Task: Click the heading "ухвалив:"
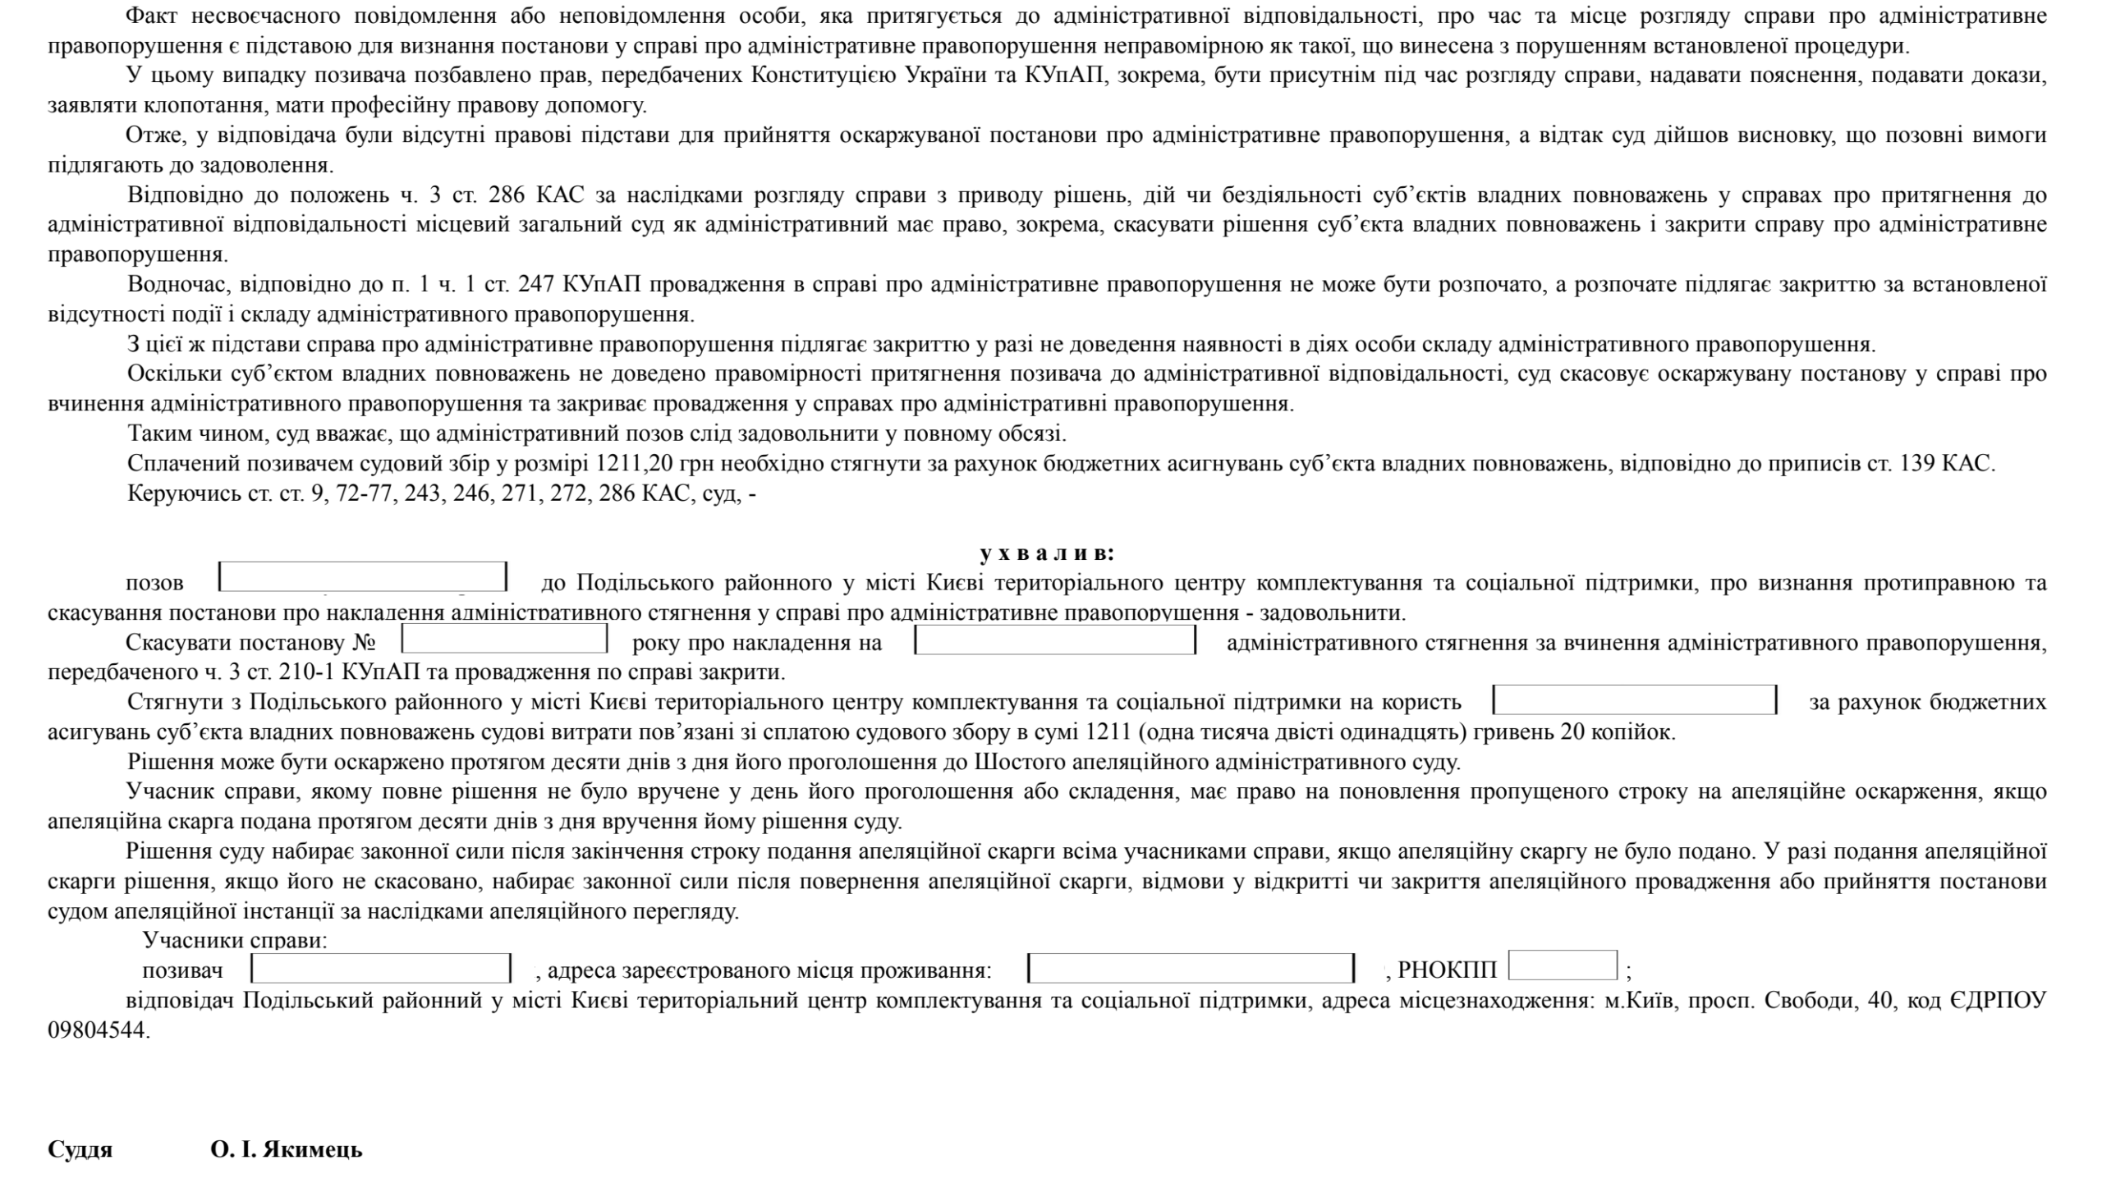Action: [1047, 553]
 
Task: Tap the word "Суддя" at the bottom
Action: [80, 1149]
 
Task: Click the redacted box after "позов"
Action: [363, 577]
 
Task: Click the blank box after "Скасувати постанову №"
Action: [504, 639]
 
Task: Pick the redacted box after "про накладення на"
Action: [1055, 640]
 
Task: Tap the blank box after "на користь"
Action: [1634, 699]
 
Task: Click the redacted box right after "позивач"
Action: [381, 968]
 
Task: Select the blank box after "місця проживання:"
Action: [1191, 968]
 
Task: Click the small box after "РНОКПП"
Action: [1563, 965]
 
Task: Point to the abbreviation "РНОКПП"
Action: [1448, 970]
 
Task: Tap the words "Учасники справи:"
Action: [235, 940]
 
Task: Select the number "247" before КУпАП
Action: [537, 284]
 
